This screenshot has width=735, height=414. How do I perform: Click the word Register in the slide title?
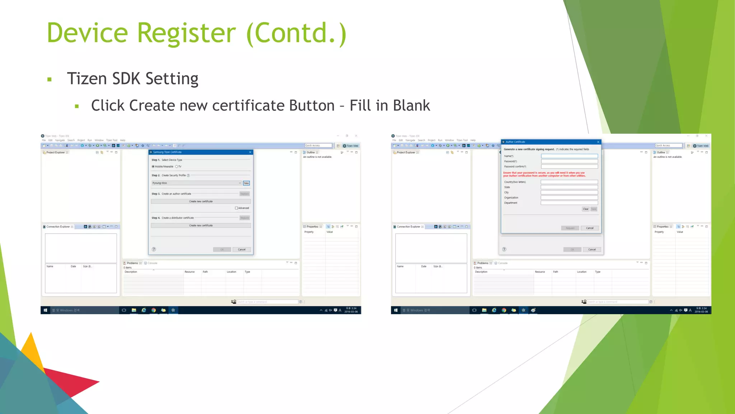tap(186, 33)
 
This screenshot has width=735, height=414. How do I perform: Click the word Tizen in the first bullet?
tap(86, 79)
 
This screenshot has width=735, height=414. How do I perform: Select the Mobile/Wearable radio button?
tap(153, 166)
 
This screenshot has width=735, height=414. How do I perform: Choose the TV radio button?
tap(177, 166)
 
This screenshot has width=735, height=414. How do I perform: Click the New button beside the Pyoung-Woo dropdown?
tap(246, 183)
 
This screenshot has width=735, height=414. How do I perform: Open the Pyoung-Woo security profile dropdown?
tap(196, 183)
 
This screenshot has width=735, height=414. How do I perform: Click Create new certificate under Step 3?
tap(201, 201)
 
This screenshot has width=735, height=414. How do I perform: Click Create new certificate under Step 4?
tap(201, 225)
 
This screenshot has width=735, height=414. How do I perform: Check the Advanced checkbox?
tap(236, 208)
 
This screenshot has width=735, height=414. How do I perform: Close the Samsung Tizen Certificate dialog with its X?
tap(250, 152)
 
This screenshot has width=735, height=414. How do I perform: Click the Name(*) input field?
tap(569, 156)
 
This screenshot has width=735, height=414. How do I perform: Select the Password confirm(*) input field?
tap(569, 166)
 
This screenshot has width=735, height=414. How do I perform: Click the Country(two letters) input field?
tap(569, 182)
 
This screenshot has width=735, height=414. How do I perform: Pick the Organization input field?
tap(569, 198)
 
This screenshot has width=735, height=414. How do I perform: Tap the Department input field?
tap(569, 203)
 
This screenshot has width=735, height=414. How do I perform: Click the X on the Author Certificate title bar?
tap(598, 142)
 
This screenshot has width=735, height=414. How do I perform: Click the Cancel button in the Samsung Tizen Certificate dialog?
tap(242, 249)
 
